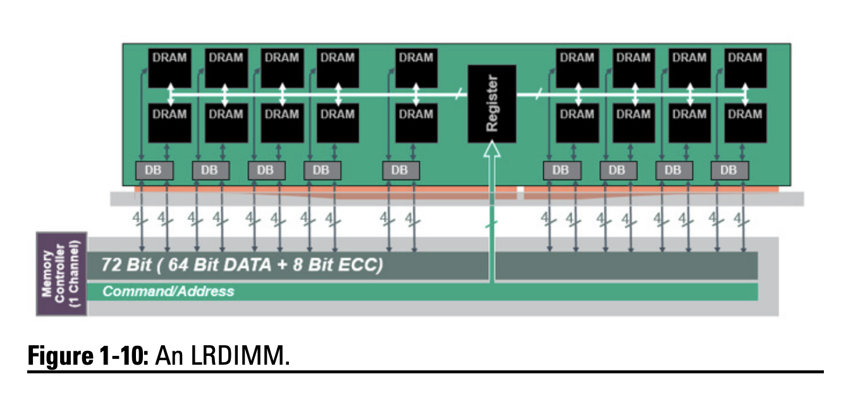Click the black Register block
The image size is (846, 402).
[492, 104]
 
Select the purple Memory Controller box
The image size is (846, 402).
[61, 274]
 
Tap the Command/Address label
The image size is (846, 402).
[168, 291]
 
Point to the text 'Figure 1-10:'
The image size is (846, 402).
[89, 356]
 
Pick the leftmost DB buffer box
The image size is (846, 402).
[154, 171]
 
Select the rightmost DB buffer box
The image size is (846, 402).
[730, 171]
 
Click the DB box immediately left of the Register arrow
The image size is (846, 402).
[401, 171]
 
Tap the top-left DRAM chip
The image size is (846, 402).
[169, 68]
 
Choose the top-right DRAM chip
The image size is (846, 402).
[745, 68]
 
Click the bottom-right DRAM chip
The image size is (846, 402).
[745, 123]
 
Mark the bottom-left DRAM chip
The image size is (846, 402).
[169, 123]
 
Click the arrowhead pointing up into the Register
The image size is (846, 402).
[492, 149]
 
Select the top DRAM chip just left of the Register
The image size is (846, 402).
[416, 68]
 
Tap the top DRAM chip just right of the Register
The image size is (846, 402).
[577, 68]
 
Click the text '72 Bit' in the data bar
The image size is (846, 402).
[126, 265]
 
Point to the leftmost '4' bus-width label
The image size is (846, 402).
[137, 217]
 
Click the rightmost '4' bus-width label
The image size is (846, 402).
[738, 217]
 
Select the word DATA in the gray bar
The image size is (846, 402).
[247, 265]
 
